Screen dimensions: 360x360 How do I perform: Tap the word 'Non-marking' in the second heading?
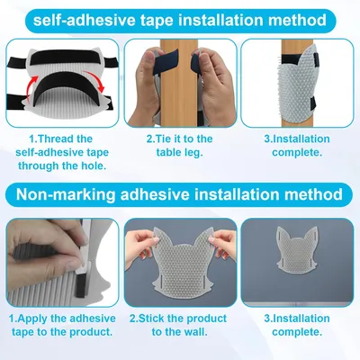coord(66,194)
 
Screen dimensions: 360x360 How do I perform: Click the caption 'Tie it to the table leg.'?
coord(179,146)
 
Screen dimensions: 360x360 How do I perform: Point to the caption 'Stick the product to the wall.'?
coord(178,325)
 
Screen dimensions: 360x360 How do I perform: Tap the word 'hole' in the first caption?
coord(94,166)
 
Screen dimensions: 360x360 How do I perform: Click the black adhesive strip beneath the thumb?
coord(80,286)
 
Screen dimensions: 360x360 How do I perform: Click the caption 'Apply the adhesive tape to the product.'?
coord(62,325)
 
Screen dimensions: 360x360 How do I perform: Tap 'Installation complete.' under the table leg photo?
coord(297,146)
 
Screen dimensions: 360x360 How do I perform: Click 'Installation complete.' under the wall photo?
coord(297,325)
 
